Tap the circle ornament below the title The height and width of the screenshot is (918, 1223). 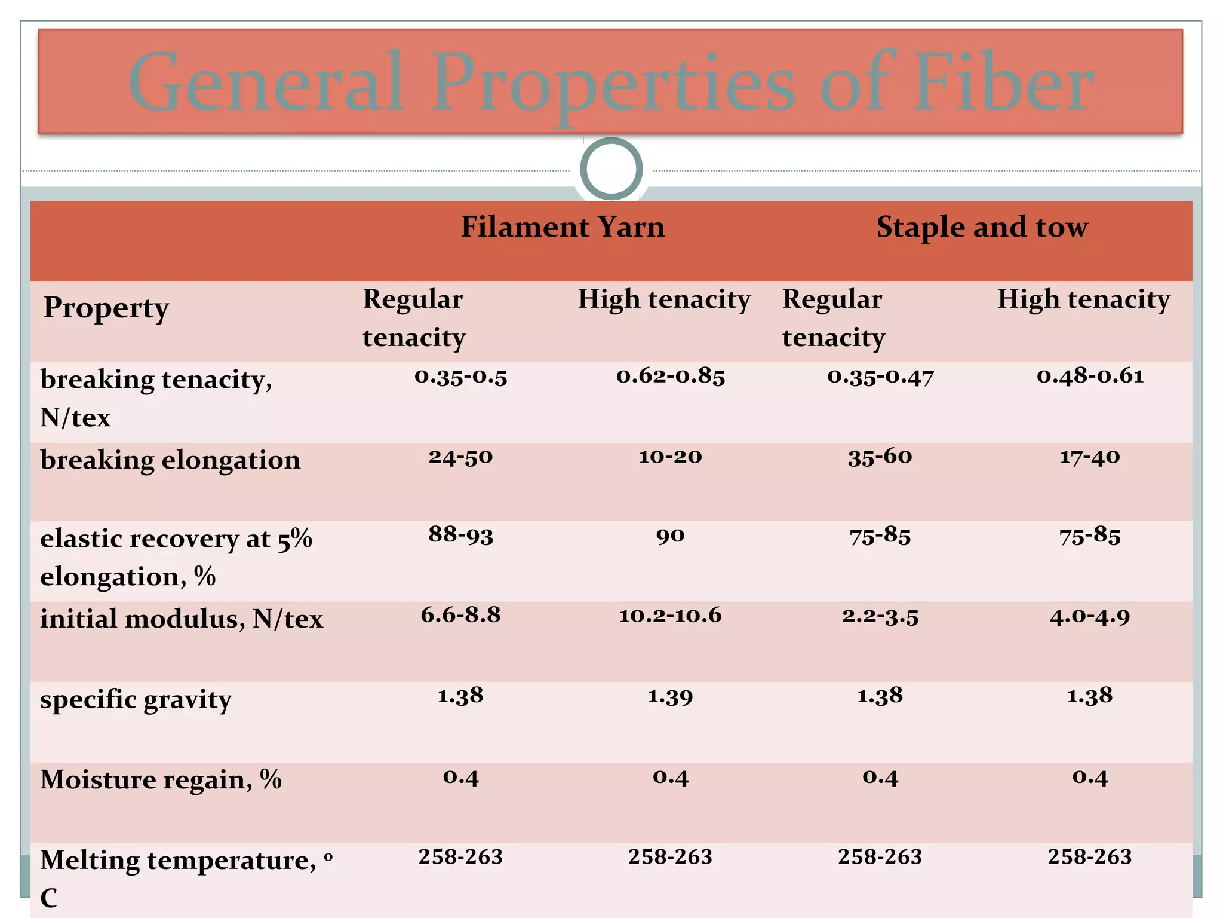(x=611, y=169)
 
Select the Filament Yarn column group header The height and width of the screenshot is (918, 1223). (x=563, y=227)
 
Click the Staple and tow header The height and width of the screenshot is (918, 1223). (x=982, y=227)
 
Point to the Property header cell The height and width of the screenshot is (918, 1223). (x=106, y=308)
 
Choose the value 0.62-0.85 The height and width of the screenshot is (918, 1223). (x=671, y=376)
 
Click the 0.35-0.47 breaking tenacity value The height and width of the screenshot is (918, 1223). (x=880, y=377)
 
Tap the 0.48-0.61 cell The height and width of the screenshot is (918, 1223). (x=1090, y=376)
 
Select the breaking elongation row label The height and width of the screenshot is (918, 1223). (x=170, y=460)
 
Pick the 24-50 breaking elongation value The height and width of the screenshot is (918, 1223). (x=460, y=457)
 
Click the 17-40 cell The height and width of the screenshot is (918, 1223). (x=1090, y=457)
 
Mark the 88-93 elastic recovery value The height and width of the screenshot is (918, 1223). (x=460, y=535)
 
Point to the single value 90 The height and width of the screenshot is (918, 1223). (x=670, y=535)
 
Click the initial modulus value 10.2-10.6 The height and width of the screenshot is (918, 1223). (x=670, y=616)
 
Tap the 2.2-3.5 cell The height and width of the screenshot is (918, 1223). (x=880, y=616)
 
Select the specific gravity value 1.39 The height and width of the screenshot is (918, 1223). (x=670, y=696)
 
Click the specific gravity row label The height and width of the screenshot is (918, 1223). (x=136, y=700)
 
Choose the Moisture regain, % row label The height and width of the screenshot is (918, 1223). (x=161, y=780)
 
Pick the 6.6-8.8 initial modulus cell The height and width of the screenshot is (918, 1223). (x=460, y=615)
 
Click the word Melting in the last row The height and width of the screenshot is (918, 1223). (x=90, y=861)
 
